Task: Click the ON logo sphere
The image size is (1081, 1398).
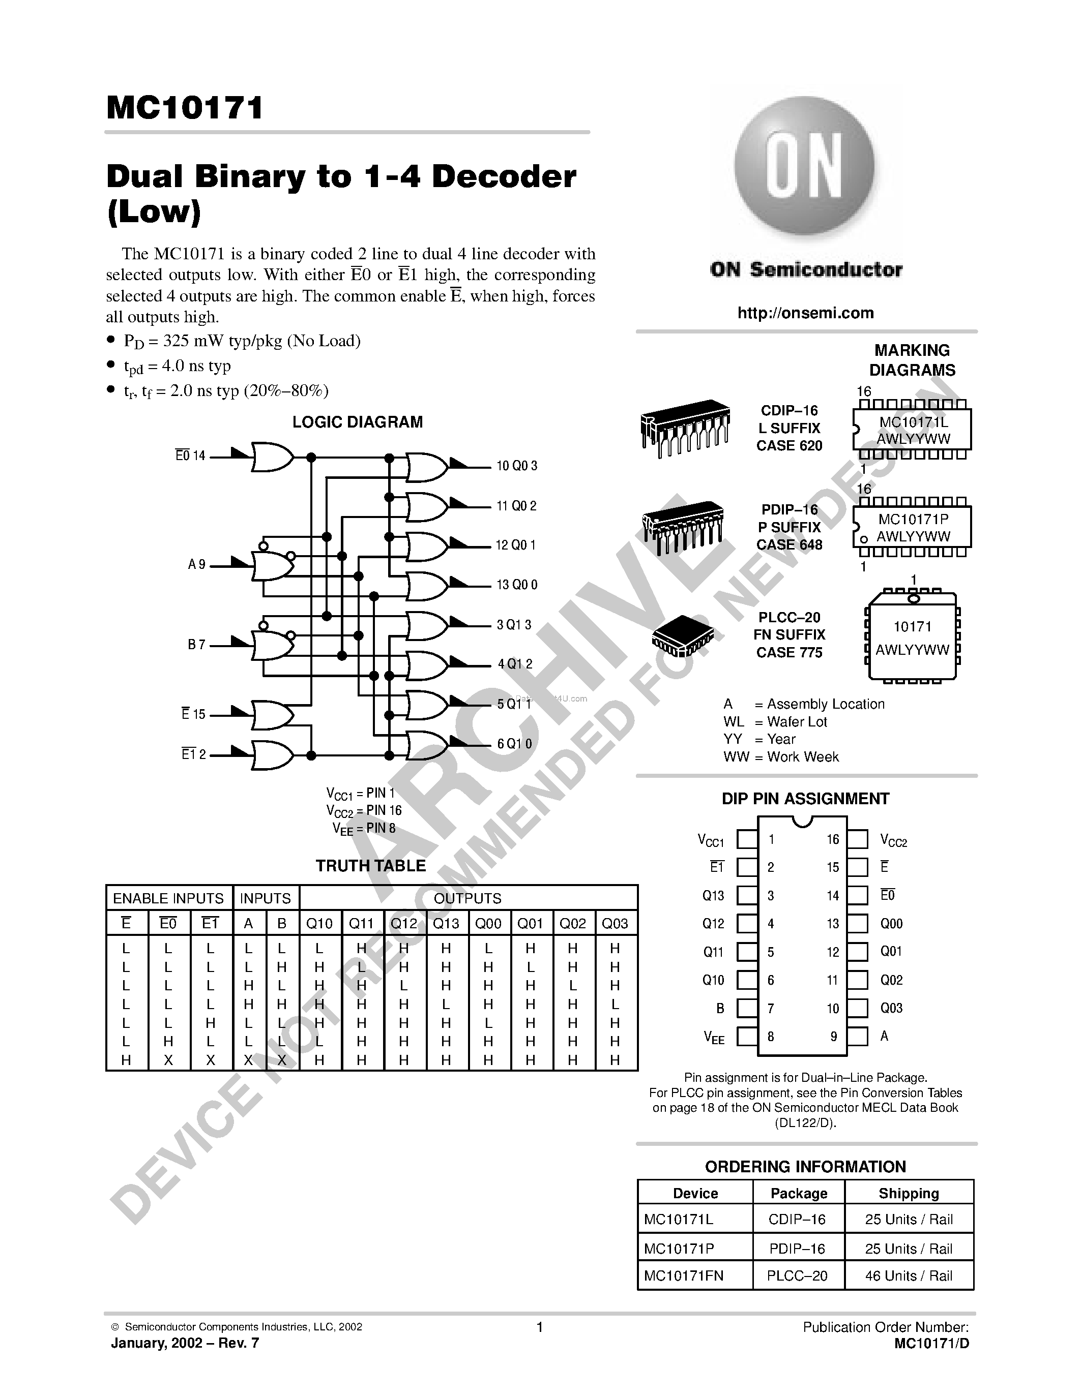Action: pos(804,168)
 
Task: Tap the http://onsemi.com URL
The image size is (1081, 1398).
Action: pos(805,313)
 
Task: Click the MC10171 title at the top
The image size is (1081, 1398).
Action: pos(185,108)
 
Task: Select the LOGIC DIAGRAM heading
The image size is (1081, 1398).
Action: pos(357,422)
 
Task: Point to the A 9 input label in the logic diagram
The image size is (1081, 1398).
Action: pos(196,565)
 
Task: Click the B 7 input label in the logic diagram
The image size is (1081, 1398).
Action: pos(196,645)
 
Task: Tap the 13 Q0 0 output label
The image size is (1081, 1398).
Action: pos(517,585)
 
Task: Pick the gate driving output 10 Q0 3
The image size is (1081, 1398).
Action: pos(426,467)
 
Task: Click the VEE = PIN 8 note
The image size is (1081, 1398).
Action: pos(364,828)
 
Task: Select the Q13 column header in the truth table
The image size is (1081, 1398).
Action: pos(446,923)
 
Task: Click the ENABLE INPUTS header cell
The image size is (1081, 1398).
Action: pos(168,898)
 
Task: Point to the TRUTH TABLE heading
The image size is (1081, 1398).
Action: pos(370,866)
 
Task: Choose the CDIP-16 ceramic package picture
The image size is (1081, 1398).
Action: pos(684,427)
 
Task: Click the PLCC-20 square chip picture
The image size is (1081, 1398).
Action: pos(683,635)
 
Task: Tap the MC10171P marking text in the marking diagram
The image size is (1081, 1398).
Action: pos(913,520)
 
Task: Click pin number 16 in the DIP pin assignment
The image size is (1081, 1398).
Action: pos(833,839)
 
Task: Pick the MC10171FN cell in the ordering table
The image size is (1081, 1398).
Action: pos(683,1276)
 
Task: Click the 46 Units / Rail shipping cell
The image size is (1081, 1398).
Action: pos(908,1276)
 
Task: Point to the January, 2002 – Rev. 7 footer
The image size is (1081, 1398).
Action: pos(185,1344)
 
